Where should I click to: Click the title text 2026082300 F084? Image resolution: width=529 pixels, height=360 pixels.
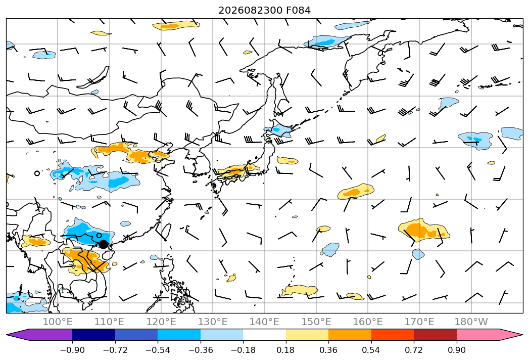[265, 11]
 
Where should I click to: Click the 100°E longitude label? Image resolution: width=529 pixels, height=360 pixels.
[58, 322]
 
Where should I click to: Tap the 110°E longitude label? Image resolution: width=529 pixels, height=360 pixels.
[109, 322]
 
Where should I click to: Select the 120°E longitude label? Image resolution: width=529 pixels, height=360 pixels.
[161, 322]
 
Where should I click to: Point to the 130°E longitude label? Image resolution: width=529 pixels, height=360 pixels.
[213, 322]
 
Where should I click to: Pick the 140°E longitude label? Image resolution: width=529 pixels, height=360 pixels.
[264, 322]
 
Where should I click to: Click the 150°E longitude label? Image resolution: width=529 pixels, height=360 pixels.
[316, 322]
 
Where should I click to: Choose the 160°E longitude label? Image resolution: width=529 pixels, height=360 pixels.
[368, 322]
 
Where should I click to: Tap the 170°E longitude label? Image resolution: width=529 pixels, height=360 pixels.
[419, 322]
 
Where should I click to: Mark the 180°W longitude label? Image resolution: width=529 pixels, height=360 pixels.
[471, 322]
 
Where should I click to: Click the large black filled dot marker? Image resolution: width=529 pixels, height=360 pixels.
[103, 245]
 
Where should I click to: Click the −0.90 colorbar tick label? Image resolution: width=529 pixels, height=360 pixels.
[72, 350]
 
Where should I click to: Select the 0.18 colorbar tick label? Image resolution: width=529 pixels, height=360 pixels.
[286, 350]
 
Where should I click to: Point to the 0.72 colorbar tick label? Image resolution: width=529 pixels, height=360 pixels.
[414, 350]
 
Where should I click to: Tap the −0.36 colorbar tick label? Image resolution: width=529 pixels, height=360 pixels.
[201, 350]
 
